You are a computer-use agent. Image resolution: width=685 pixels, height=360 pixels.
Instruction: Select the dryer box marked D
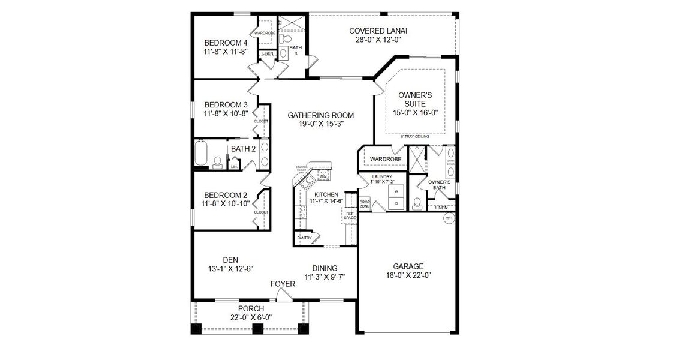[x=395, y=203]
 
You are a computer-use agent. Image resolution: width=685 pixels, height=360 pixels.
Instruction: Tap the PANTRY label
[x=304, y=238]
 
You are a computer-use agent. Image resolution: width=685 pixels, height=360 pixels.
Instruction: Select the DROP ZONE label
[x=365, y=203]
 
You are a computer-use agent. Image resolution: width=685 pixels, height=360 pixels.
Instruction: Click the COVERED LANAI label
[x=377, y=31]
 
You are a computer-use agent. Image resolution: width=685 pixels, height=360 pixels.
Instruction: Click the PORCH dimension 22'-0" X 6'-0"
[x=251, y=317]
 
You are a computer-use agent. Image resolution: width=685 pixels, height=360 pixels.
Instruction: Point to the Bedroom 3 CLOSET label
[x=261, y=121]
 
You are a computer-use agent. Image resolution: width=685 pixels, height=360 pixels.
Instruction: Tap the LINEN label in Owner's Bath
[x=441, y=208]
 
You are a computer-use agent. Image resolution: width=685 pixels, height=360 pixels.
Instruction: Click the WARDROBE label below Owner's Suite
[x=385, y=159]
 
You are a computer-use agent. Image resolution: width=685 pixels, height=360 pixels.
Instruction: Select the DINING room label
[x=325, y=268]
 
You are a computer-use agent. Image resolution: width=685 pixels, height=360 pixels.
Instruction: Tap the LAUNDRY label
[x=381, y=176]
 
